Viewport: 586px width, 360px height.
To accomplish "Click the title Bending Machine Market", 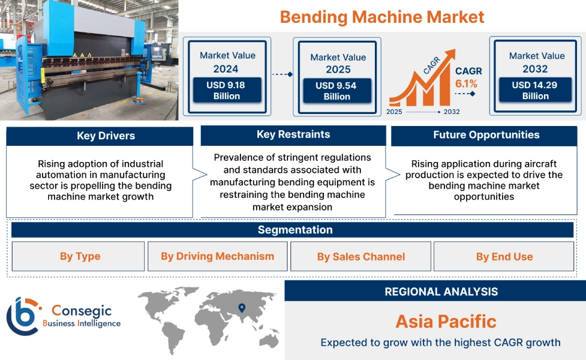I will coord(381,16).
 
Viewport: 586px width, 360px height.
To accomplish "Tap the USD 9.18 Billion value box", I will coord(227,90).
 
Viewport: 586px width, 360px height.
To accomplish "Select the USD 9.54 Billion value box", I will coord(336,91).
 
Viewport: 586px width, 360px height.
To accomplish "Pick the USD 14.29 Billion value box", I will coord(535,90).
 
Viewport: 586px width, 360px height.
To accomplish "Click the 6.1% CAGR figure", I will coord(466,83).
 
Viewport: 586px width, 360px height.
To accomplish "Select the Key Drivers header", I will coord(100,136).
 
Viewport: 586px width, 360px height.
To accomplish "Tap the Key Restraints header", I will coord(293,134).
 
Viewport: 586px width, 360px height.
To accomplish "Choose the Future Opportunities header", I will coord(486,135).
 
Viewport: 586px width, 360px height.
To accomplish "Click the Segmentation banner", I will coord(294,230).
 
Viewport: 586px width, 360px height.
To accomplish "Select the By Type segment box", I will coord(79,257).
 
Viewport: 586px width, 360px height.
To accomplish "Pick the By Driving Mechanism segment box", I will coord(217,256).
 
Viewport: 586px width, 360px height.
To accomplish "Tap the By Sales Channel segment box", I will coord(360,257).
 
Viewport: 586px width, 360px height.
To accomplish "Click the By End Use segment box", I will coord(504,257).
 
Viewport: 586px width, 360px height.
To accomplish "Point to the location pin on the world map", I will coord(242,308).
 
